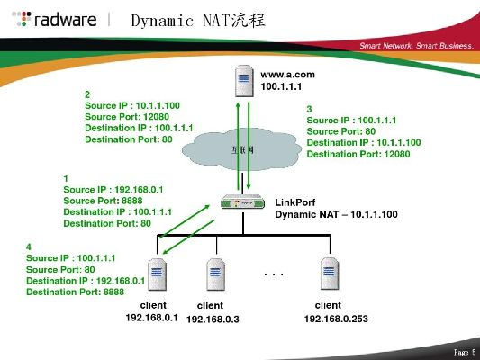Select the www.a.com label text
[x=285, y=76]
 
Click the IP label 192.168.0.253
[x=336, y=319]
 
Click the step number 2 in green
[x=87, y=94]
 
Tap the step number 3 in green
[x=310, y=108]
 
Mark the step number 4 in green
[x=30, y=246]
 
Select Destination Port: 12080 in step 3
[x=358, y=154]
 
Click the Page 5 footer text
[x=465, y=351]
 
